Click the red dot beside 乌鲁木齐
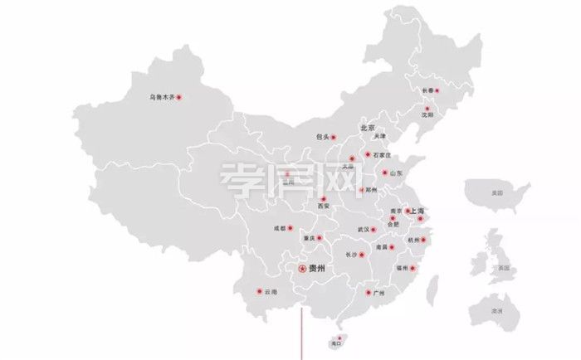click(x=179, y=97)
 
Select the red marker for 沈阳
click(x=428, y=109)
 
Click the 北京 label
click(x=367, y=129)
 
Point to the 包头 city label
click(x=323, y=137)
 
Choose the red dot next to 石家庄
click(x=368, y=155)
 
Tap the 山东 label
click(x=395, y=173)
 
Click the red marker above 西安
click(x=323, y=198)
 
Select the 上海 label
click(x=414, y=212)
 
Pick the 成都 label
click(x=281, y=228)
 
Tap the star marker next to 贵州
click(x=302, y=268)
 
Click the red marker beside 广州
click(x=367, y=293)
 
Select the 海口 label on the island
click(x=336, y=343)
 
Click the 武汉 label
click(x=363, y=229)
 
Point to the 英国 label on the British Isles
click(x=503, y=269)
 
